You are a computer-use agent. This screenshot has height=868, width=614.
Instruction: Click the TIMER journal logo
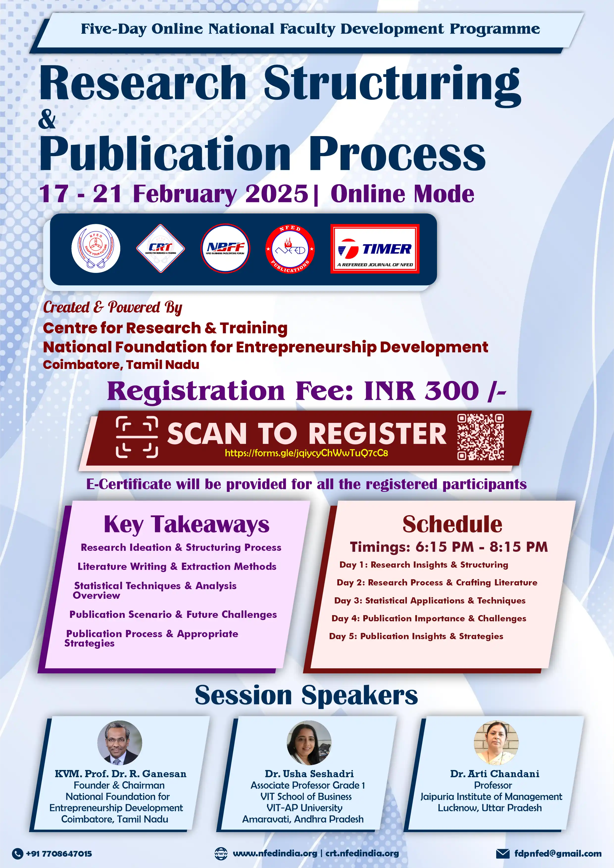click(375, 248)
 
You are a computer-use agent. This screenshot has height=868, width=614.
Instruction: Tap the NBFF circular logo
click(225, 248)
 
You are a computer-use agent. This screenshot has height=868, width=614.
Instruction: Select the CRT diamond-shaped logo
click(160, 248)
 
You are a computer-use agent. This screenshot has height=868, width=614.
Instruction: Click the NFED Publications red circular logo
click(290, 249)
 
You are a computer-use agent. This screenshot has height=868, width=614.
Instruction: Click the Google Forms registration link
click(306, 453)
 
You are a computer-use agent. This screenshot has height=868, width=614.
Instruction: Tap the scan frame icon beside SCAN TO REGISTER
click(137, 437)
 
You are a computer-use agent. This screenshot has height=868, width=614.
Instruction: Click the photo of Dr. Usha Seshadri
click(309, 743)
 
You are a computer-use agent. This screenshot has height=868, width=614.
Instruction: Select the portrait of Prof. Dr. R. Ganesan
click(120, 743)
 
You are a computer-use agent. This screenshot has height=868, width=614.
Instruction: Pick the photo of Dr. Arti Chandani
click(496, 743)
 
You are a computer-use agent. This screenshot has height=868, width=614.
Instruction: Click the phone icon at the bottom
click(17, 854)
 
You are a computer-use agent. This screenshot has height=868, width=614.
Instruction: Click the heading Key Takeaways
click(186, 525)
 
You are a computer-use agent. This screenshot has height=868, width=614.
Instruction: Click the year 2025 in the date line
click(277, 194)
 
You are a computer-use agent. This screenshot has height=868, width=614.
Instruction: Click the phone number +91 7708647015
click(59, 854)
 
